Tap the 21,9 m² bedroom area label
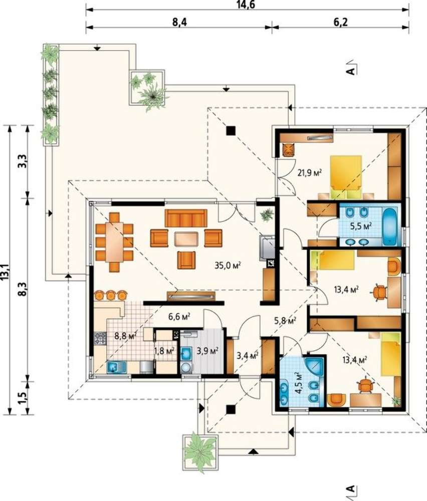pyautogui.click(x=309, y=172)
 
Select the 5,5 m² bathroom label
pyautogui.click(x=361, y=226)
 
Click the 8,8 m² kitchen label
pyautogui.click(x=126, y=336)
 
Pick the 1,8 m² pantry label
pyautogui.click(x=164, y=351)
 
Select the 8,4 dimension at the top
pyautogui.click(x=179, y=23)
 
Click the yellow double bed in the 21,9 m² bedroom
pyautogui.click(x=346, y=176)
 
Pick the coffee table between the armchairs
pyautogui.click(x=186, y=239)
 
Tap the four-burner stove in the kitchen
pyautogui.click(x=100, y=338)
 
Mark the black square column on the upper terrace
pyautogui.click(x=231, y=130)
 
